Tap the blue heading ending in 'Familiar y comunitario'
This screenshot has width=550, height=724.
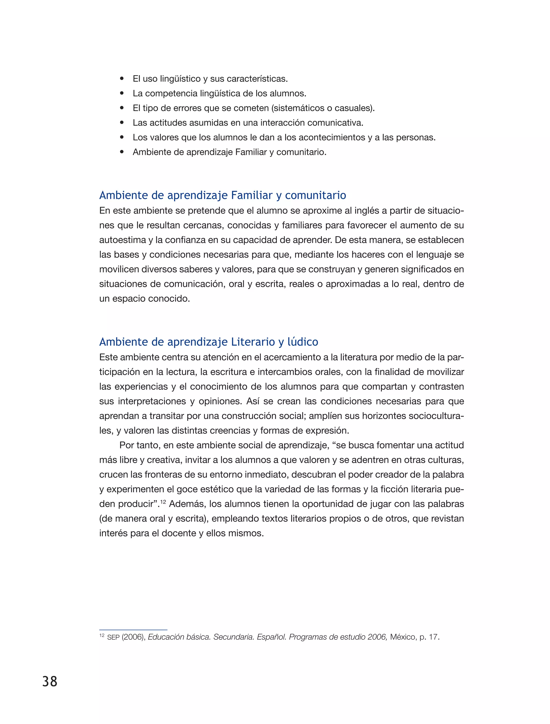coord(223,195)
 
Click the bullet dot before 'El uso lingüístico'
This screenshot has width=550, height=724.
coord(122,79)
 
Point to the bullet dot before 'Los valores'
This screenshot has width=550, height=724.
coord(122,137)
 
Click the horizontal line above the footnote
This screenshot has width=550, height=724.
coord(133,630)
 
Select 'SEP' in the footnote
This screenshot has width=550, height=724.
coord(113,638)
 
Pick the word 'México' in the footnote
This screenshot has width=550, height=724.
coord(403,637)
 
